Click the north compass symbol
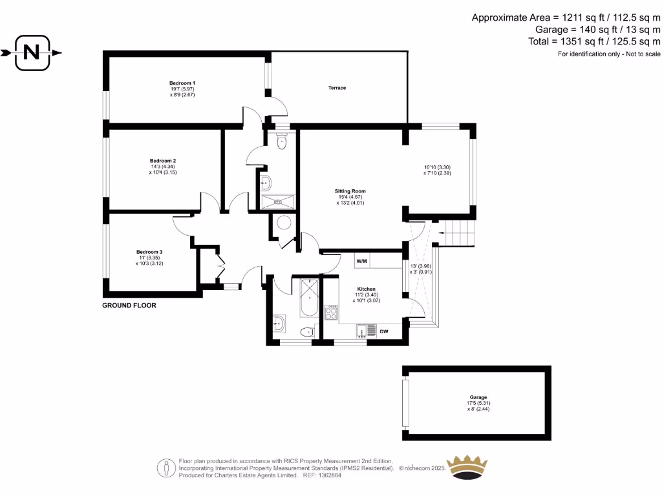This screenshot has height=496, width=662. [31, 53]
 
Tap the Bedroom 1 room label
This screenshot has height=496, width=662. [182, 83]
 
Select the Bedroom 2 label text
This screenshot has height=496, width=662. [163, 161]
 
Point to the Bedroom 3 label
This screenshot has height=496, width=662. [149, 252]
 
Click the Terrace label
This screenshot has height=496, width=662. [337, 88]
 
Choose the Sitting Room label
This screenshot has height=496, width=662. [350, 191]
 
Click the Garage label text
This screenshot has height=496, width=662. [478, 397]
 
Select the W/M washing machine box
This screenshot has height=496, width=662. [361, 261]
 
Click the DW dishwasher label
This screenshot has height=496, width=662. [383, 332]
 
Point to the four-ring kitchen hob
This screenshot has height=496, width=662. [331, 313]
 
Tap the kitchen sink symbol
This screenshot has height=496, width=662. [366, 332]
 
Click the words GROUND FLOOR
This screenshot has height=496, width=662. [129, 305]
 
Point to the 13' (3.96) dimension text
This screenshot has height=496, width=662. [420, 266]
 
